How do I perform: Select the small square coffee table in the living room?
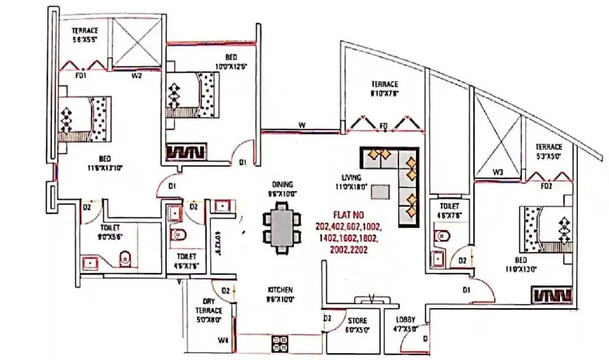tap(380, 192)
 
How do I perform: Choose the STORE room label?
tap(357, 321)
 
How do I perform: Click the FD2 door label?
tap(546, 185)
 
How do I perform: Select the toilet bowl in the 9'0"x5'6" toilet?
tap(127, 258)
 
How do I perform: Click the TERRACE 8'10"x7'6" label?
tap(384, 89)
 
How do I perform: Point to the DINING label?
tap(281, 184)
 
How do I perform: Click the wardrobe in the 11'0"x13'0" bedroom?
tap(552, 295)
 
